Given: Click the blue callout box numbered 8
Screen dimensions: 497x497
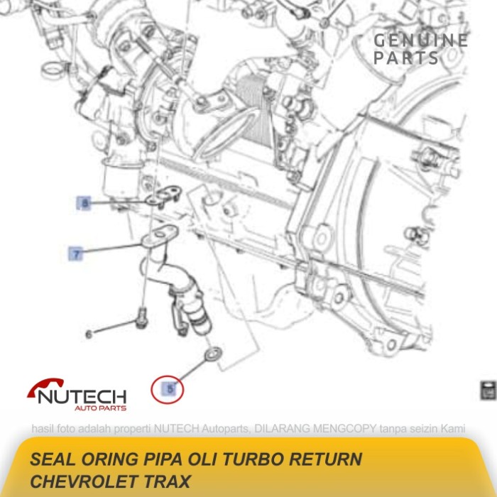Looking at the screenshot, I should coord(84,204).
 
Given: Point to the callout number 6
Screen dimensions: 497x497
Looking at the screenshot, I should coord(89,334).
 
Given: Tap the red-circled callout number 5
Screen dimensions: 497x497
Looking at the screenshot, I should coord(170,389).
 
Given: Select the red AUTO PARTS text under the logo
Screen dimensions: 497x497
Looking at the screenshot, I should coord(100,408).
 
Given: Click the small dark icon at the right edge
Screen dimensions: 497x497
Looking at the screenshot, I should coord(488,390).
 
